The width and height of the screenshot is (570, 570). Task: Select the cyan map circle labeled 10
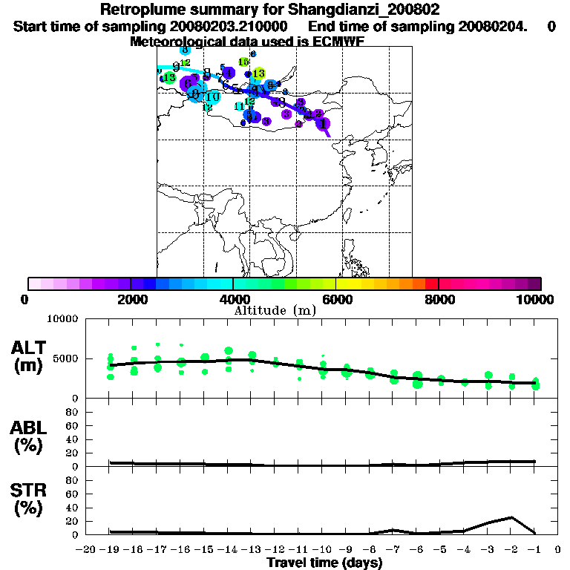click(213, 96)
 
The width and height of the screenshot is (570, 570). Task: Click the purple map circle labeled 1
click(323, 123)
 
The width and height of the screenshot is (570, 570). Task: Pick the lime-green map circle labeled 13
click(258, 73)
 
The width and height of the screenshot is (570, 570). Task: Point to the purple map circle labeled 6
click(188, 84)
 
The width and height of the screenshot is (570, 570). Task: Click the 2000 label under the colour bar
click(131, 299)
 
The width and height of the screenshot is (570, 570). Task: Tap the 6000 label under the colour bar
click(336, 299)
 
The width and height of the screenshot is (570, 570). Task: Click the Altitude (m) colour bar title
click(275, 309)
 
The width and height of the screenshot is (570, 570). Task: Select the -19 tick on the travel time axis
click(110, 550)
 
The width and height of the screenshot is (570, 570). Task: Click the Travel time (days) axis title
click(324, 563)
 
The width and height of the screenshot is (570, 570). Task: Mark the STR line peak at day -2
click(511, 517)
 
